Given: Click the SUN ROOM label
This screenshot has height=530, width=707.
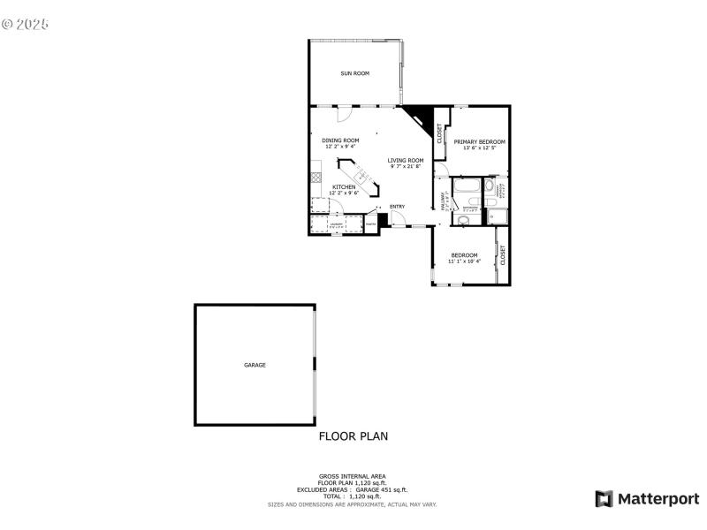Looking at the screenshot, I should [x=355, y=73].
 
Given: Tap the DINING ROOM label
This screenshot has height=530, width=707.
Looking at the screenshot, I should [x=340, y=140].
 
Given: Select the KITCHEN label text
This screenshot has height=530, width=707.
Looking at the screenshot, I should [x=344, y=186].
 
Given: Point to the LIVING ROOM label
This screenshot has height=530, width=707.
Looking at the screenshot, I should [x=406, y=160].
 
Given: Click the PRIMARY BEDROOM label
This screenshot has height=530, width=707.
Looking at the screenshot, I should [x=479, y=141].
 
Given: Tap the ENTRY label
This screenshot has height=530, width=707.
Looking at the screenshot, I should [x=397, y=207].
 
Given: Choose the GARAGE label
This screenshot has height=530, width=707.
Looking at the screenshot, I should [x=255, y=365].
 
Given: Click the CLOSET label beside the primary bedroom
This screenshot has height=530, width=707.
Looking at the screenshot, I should [x=440, y=133].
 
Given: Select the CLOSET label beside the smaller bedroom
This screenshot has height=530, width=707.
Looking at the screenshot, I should [x=503, y=255].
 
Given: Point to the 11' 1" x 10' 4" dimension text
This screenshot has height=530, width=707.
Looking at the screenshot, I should [x=464, y=261].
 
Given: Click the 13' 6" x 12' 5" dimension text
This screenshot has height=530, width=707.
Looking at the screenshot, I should [x=479, y=148].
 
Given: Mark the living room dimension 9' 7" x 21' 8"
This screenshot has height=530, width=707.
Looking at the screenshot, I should [x=406, y=166].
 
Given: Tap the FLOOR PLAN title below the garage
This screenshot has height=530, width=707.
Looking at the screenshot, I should [x=353, y=435].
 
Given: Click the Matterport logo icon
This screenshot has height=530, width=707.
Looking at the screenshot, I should [x=604, y=499].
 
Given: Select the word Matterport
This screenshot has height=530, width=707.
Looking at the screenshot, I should [x=658, y=499].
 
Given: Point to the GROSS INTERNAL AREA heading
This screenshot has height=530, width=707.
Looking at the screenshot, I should [x=353, y=476].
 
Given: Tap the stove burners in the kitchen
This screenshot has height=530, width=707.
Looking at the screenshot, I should [x=315, y=178].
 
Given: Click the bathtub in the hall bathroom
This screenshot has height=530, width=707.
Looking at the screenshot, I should [x=466, y=186].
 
